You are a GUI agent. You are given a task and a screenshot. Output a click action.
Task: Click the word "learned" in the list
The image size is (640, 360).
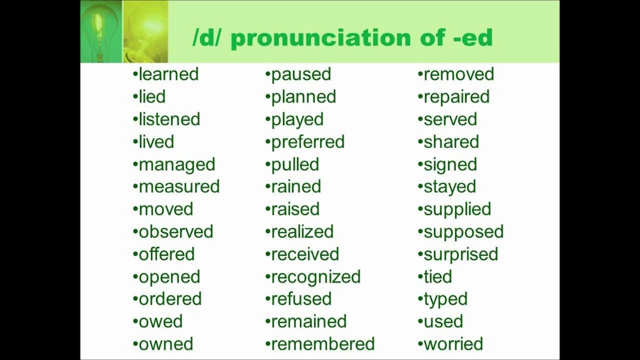168,74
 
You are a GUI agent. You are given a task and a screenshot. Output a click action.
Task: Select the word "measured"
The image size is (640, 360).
179,186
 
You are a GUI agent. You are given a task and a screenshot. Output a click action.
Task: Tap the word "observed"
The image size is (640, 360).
176,231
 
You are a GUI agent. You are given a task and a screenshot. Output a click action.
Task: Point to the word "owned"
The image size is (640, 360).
165,344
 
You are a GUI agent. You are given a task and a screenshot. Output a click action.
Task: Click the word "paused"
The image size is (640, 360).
301,74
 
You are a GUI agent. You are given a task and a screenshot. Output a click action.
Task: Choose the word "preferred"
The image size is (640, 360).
307,142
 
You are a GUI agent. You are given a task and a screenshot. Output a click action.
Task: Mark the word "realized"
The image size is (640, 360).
302,231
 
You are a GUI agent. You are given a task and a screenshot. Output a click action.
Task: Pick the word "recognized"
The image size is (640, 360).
315,276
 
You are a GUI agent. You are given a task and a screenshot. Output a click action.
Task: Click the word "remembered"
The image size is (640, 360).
322,344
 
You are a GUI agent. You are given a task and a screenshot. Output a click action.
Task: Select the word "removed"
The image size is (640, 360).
458,74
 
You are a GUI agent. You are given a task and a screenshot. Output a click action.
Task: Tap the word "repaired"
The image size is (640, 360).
456,97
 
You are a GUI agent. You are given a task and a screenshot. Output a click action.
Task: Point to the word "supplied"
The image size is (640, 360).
457,209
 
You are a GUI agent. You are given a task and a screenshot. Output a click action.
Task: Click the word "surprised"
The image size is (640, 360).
460,254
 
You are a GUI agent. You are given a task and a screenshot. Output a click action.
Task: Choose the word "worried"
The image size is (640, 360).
453,344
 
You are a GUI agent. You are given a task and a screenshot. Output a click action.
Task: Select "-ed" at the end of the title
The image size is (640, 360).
472,38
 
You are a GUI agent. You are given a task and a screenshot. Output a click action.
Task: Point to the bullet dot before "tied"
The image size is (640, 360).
420,276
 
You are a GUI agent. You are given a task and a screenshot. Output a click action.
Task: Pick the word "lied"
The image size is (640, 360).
152,97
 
